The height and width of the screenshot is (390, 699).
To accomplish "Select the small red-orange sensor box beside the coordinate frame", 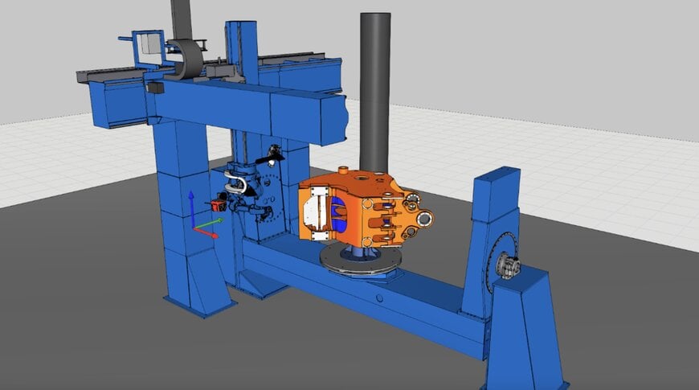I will coord(217,205).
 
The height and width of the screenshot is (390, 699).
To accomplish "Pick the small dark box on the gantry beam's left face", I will coord(153,87).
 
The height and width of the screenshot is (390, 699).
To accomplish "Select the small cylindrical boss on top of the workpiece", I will coord(343,170).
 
